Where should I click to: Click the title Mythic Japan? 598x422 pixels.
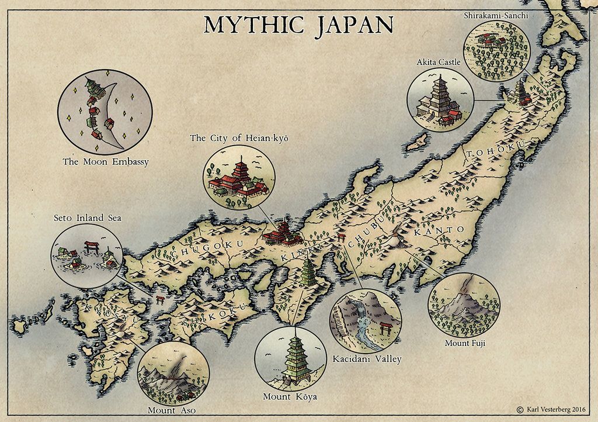(x=298, y=25)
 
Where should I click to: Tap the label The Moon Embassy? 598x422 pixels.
(x=105, y=161)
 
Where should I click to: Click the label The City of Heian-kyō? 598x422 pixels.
(x=239, y=139)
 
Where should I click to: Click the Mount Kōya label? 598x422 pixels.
(x=290, y=397)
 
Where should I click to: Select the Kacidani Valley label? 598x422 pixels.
(x=366, y=359)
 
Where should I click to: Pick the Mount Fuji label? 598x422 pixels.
(x=465, y=343)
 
